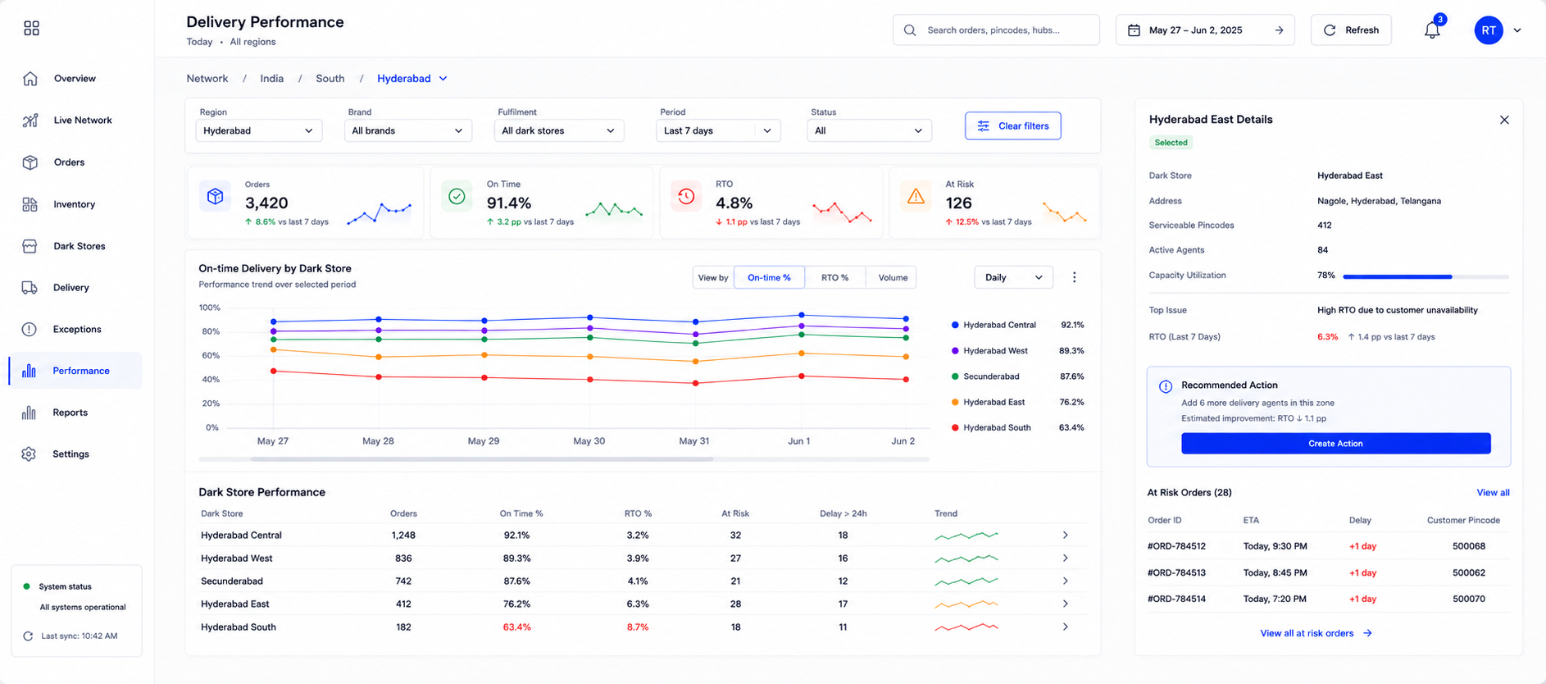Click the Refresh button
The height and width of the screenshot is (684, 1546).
tap(1351, 30)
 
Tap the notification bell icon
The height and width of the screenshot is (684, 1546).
tap(1432, 30)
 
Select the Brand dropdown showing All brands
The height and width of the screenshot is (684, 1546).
tap(407, 130)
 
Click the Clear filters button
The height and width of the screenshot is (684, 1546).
tap(1012, 125)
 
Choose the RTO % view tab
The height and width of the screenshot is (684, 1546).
tap(834, 277)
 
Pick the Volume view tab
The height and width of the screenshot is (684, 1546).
tap(892, 277)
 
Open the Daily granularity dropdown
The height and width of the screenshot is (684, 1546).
tap(1013, 277)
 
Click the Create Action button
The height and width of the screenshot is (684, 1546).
tap(1335, 443)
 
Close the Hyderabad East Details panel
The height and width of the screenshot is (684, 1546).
tap(1504, 120)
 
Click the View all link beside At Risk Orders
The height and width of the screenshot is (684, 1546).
tap(1493, 492)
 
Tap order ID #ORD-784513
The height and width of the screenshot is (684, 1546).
tap(1176, 572)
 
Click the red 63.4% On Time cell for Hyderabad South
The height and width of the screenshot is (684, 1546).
tap(516, 627)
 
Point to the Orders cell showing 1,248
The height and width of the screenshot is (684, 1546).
tap(403, 535)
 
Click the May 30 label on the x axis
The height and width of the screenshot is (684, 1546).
tap(589, 440)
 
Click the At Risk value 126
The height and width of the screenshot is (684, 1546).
tap(958, 203)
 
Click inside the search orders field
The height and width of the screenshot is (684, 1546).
tap(996, 30)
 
